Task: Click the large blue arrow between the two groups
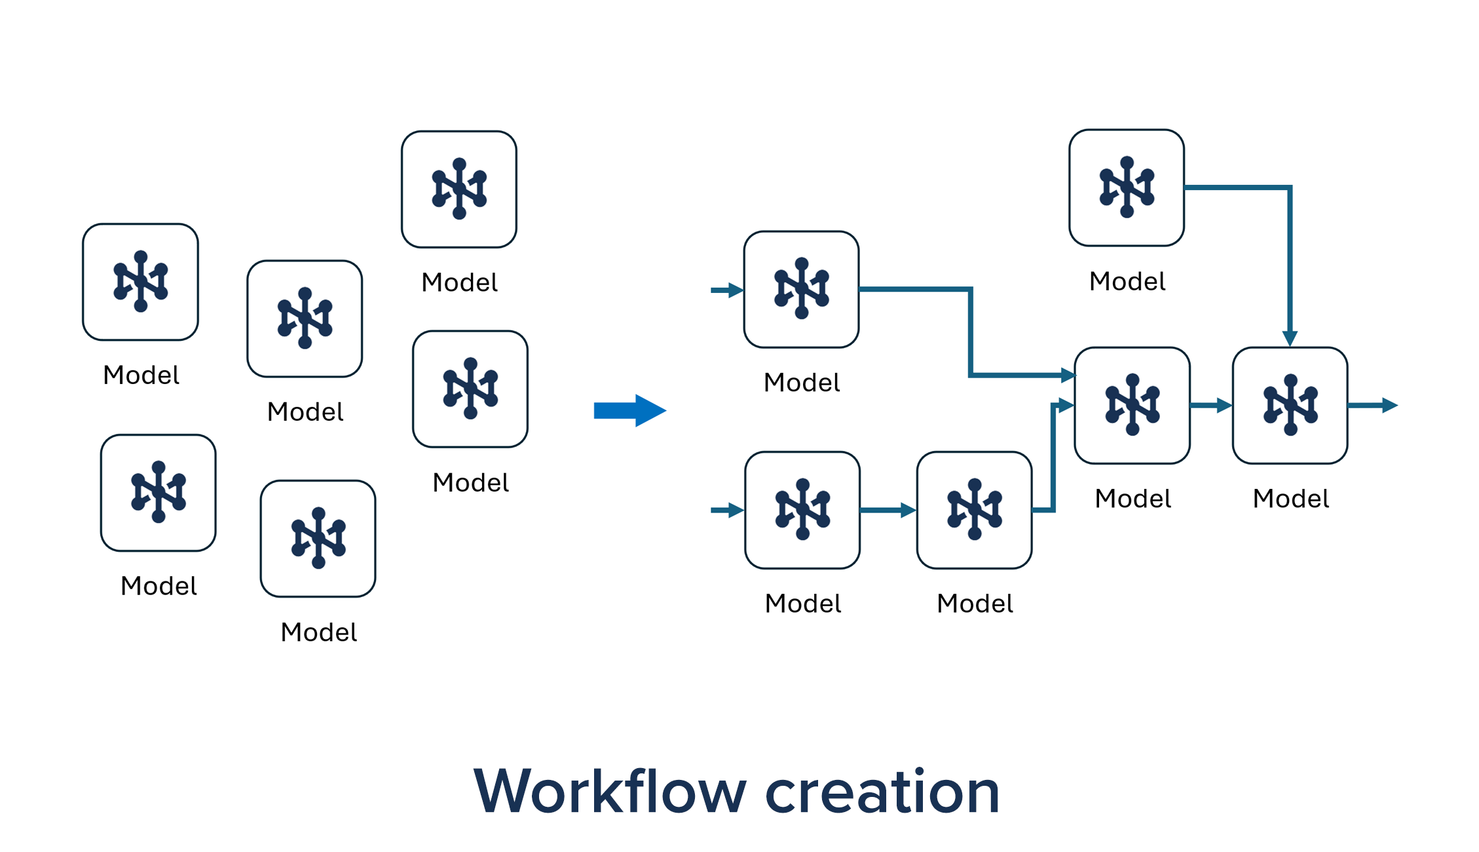point(629,411)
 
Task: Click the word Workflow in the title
point(609,792)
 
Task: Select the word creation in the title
point(882,792)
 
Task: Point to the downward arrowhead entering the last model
point(1290,338)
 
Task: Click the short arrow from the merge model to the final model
point(1210,406)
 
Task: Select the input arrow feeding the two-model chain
point(726,510)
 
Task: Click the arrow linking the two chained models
point(888,510)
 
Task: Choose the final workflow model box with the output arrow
point(1290,406)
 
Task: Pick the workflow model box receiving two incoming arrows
point(1132,406)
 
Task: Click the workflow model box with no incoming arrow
point(1127,188)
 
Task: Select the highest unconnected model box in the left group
point(459,189)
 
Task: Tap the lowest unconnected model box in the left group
point(318,539)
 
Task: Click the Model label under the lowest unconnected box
point(318,632)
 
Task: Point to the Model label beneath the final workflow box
point(1290,499)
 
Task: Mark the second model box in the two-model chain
point(975,510)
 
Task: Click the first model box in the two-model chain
point(802,510)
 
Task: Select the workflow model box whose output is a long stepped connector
point(802,289)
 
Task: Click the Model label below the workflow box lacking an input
point(1127,281)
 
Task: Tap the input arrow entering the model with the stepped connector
point(726,290)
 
